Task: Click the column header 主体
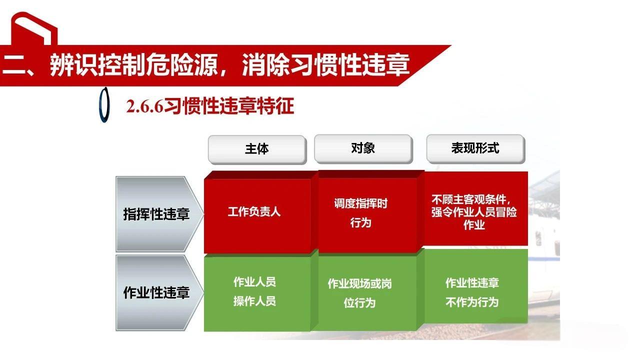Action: (x=256, y=149)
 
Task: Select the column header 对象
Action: (x=363, y=148)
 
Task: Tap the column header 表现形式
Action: (x=475, y=148)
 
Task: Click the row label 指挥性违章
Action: (x=156, y=214)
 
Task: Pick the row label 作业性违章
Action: (x=156, y=292)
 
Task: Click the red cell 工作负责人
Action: (x=254, y=211)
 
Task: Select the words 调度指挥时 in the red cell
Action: (x=360, y=203)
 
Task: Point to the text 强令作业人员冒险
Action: (x=474, y=211)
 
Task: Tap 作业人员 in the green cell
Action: (x=254, y=281)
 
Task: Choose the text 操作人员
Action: (x=254, y=301)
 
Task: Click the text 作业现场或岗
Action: (x=359, y=283)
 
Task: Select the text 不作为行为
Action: (x=472, y=302)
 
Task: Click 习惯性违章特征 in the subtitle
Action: (x=229, y=106)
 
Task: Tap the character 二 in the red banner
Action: (x=13, y=65)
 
